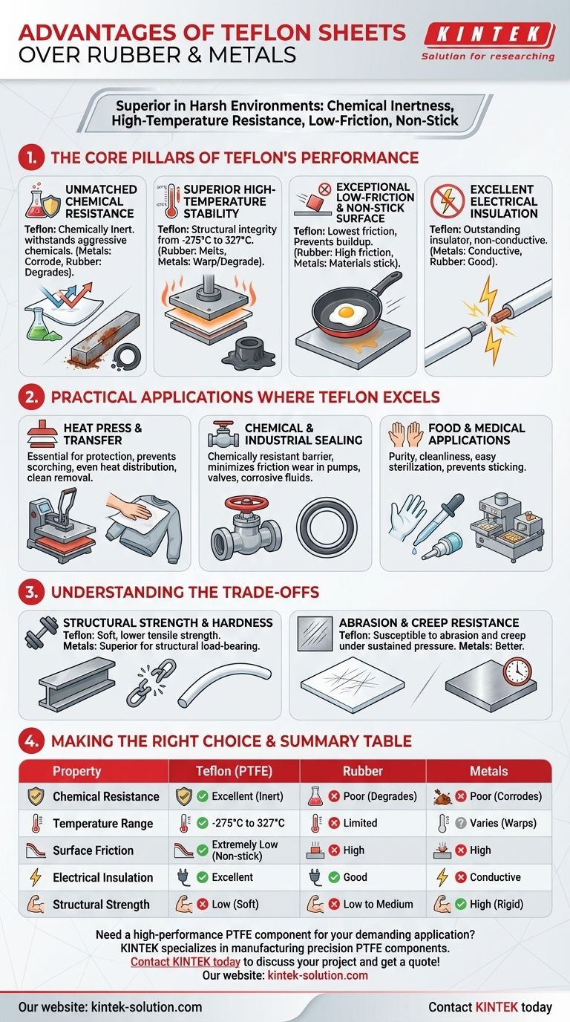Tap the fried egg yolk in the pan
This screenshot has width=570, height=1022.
(x=347, y=313)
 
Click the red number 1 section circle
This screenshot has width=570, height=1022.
(x=31, y=158)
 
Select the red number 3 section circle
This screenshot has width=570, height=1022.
(x=31, y=592)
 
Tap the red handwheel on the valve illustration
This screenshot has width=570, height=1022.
(x=246, y=504)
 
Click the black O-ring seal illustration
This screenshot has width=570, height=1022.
(x=327, y=527)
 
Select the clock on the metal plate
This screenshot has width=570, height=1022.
(x=517, y=671)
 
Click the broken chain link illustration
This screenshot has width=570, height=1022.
(x=151, y=683)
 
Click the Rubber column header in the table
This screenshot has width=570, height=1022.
(x=362, y=772)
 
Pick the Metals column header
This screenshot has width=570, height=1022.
(x=489, y=772)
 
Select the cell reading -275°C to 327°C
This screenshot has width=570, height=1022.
(x=248, y=823)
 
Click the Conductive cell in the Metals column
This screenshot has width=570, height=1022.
(x=495, y=877)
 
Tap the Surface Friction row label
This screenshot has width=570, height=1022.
(x=93, y=850)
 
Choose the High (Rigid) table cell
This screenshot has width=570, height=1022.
(x=496, y=904)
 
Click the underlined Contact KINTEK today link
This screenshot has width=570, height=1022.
(x=185, y=962)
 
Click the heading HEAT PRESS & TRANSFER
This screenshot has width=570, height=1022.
(x=102, y=434)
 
